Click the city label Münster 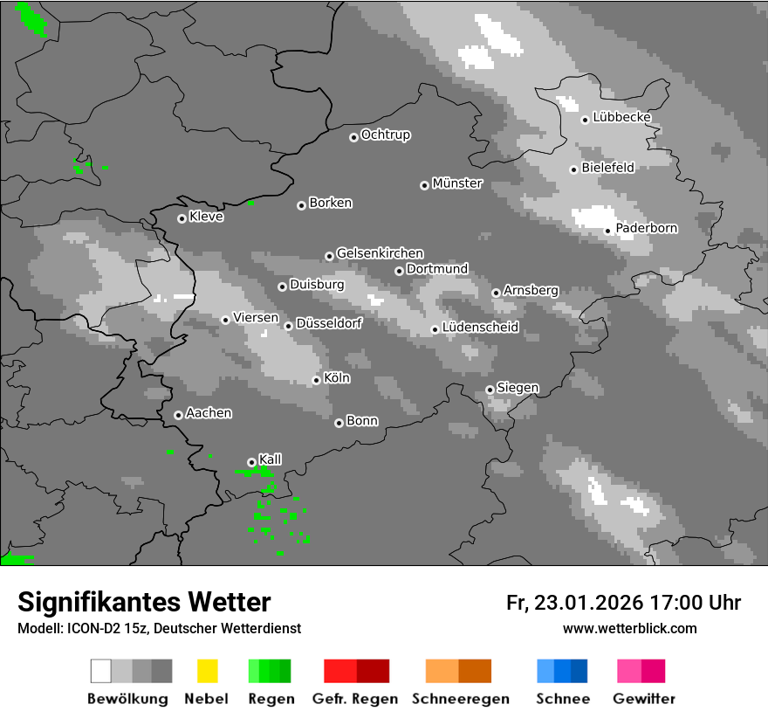click(457, 183)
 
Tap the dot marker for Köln click(316, 380)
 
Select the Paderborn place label click(647, 229)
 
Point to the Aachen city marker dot click(178, 415)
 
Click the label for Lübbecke click(622, 118)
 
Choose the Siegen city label click(518, 388)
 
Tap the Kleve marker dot click(182, 218)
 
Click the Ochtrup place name click(386, 135)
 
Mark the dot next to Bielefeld click(573, 169)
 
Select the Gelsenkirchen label click(381, 253)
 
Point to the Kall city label click(271, 459)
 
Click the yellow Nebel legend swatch click(207, 671)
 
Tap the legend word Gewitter click(644, 699)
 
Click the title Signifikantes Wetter click(144, 603)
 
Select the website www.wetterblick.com click(630, 628)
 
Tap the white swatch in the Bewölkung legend click(100, 671)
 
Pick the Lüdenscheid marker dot click(435, 329)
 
